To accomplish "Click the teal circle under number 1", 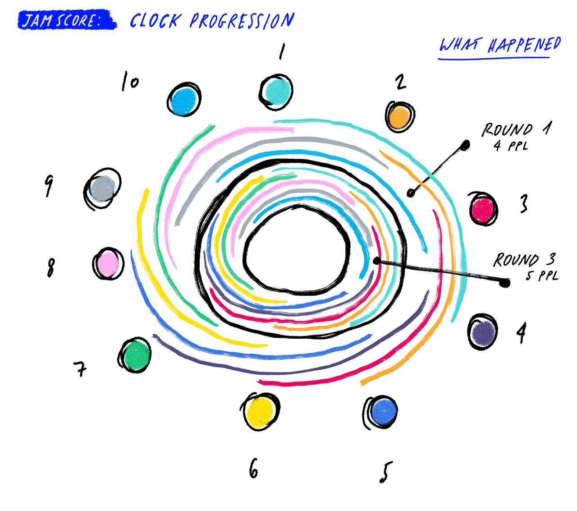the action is click(276, 92).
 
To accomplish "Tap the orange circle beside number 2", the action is click(399, 116).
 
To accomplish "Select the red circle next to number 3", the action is click(482, 209).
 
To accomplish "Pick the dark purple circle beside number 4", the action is click(482, 331).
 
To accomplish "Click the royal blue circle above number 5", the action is click(381, 411).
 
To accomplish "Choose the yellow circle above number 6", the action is click(260, 411).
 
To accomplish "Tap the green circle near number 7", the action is click(135, 354).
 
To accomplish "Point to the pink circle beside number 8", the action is click(108, 263).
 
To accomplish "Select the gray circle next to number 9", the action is click(102, 189).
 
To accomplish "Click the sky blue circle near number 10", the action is click(184, 99).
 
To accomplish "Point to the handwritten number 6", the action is click(253, 468).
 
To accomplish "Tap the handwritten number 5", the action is click(386, 472).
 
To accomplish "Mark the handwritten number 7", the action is click(80, 369).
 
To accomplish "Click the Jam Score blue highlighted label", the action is click(67, 20).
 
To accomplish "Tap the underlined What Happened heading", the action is click(499, 46).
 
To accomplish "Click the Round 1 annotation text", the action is click(516, 129).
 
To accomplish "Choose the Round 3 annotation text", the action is click(524, 260).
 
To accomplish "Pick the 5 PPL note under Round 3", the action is click(542, 276).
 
